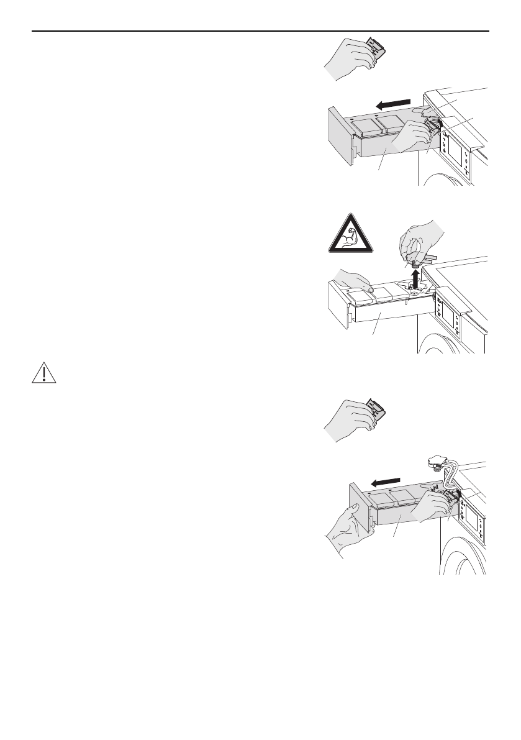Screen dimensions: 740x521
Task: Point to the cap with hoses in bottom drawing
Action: pyautogui.click(x=435, y=462)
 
